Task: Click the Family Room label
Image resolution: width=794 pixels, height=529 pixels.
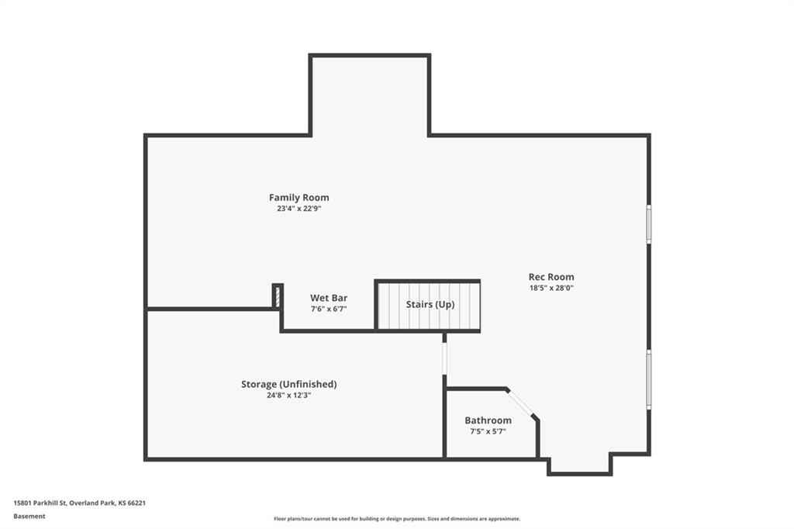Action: coord(299,198)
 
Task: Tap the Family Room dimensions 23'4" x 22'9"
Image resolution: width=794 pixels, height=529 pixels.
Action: coord(299,208)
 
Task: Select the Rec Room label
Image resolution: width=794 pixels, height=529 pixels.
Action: coord(551,277)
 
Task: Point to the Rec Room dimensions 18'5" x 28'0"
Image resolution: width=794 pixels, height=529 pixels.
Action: coord(551,288)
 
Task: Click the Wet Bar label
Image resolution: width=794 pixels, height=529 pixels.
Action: coord(329,298)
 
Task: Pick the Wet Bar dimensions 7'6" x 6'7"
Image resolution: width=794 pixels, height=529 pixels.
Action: coord(329,309)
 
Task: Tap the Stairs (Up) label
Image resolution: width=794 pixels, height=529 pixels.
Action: coord(430,305)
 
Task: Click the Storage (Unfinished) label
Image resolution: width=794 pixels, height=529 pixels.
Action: coord(288,384)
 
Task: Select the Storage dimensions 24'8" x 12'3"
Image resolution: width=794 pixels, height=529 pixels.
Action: coord(288,396)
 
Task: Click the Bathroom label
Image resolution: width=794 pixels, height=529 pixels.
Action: coord(488,420)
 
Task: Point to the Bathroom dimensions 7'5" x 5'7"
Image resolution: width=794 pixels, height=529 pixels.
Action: coord(488,432)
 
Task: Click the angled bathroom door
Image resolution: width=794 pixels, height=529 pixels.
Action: coord(521,403)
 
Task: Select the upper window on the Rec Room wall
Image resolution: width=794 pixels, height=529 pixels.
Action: coord(649,224)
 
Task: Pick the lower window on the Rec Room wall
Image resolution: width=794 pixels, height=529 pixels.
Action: coord(649,379)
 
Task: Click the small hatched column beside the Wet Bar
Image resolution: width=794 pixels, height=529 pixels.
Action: coord(277,296)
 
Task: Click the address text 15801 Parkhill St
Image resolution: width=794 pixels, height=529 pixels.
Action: coord(40,503)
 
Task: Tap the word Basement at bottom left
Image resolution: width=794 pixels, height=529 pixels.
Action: coord(29,517)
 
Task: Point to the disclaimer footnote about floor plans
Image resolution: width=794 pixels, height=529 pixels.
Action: coord(397,519)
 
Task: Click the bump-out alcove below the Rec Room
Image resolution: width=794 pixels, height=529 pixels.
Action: coord(580,464)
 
